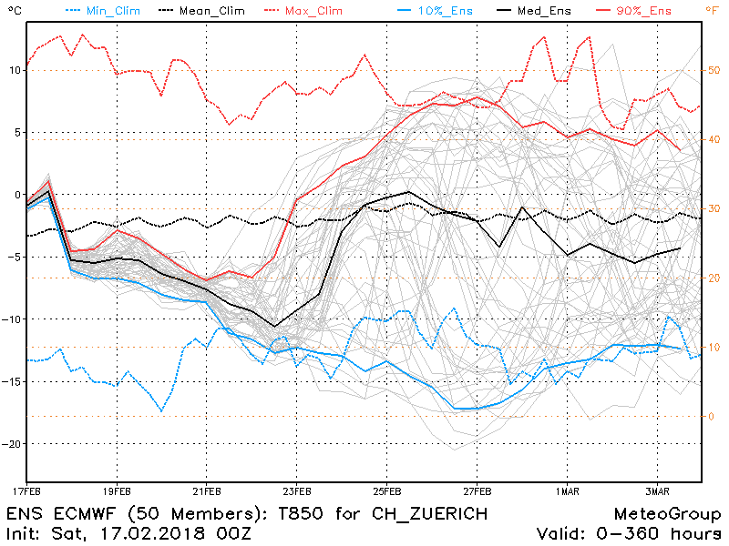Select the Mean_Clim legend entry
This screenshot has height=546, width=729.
point(200,10)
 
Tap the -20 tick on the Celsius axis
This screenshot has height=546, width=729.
point(11,443)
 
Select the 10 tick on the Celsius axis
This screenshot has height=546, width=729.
point(13,70)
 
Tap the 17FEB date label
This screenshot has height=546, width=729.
point(27,491)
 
